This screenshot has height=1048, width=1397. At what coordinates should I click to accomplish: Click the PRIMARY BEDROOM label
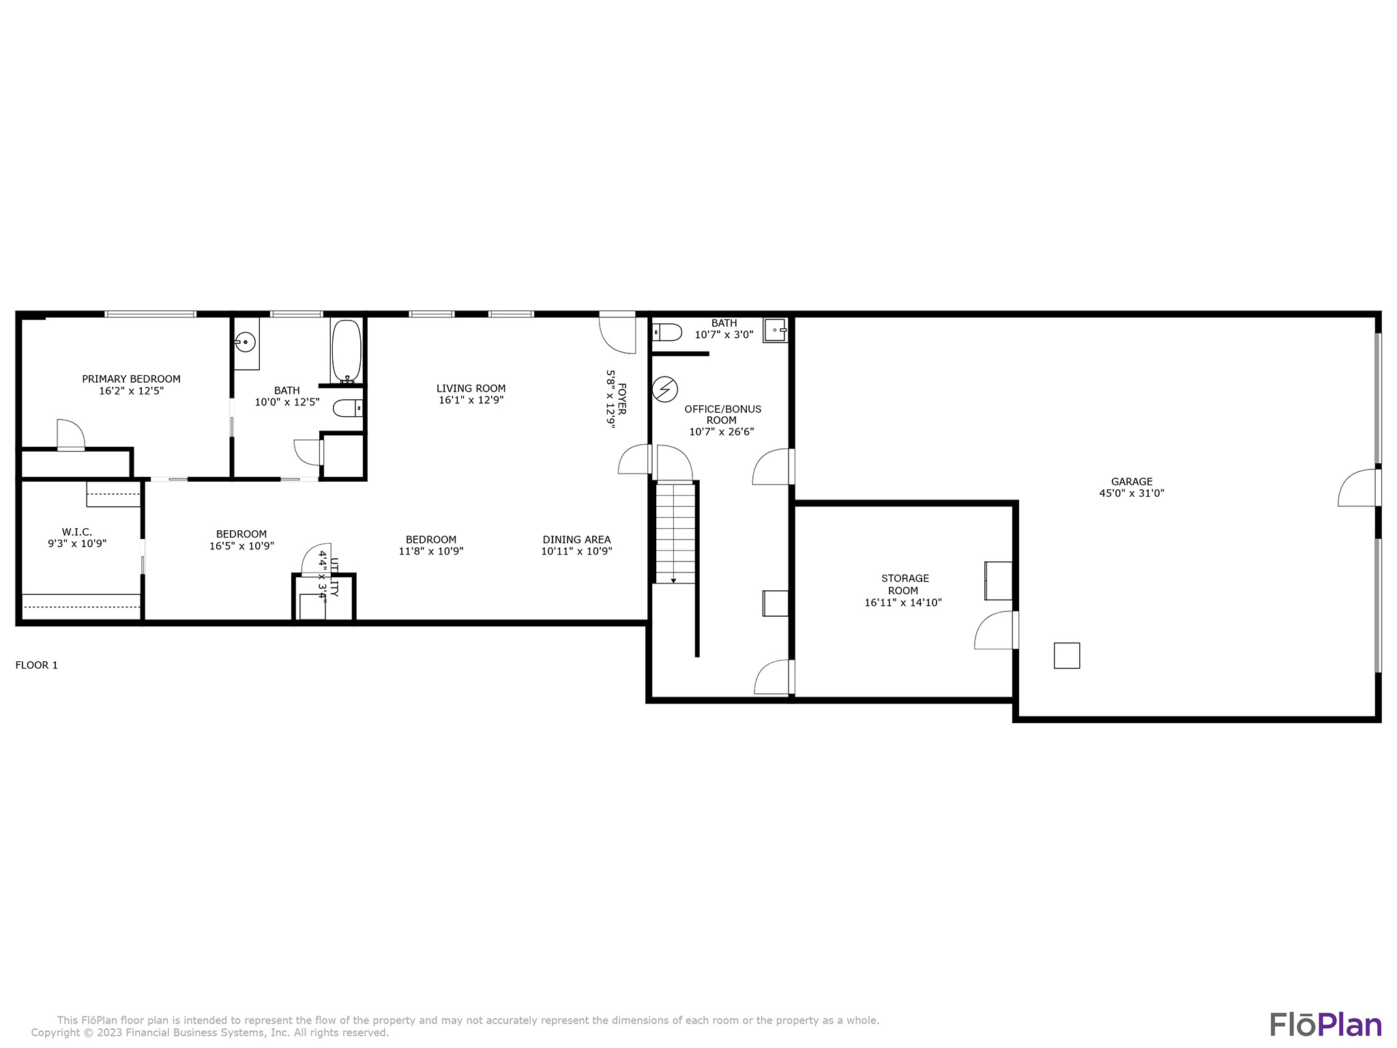pyautogui.click(x=131, y=379)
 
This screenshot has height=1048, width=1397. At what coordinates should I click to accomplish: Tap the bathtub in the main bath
pyautogui.click(x=347, y=351)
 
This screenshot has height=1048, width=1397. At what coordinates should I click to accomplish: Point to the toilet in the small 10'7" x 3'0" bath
pyautogui.click(x=667, y=332)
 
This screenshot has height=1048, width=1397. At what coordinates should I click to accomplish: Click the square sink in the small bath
pyautogui.click(x=775, y=330)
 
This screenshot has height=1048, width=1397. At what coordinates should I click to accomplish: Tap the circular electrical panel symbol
pyautogui.click(x=665, y=390)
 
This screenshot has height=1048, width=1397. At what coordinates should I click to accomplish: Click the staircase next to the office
pyautogui.click(x=675, y=533)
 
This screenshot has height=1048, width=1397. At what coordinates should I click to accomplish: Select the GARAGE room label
pyautogui.click(x=1132, y=482)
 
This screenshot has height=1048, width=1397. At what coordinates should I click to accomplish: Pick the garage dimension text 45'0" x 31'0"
pyautogui.click(x=1132, y=493)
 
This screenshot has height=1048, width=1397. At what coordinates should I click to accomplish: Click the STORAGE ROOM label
pyautogui.click(x=905, y=585)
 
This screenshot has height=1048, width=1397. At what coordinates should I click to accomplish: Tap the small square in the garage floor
pyautogui.click(x=1067, y=656)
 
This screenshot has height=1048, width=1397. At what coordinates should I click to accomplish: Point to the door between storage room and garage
pyautogui.click(x=996, y=630)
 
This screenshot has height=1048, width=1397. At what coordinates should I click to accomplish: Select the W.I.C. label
pyautogui.click(x=77, y=532)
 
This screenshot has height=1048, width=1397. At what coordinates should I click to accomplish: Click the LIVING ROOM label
pyautogui.click(x=471, y=389)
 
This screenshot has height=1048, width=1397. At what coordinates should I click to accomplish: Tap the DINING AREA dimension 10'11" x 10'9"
pyautogui.click(x=577, y=551)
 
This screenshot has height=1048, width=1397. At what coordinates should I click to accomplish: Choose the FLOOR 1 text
pyautogui.click(x=37, y=665)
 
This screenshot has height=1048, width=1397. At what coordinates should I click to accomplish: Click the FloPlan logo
pyautogui.click(x=1325, y=1025)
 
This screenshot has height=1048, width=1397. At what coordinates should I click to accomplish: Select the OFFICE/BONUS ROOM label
pyautogui.click(x=722, y=415)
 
